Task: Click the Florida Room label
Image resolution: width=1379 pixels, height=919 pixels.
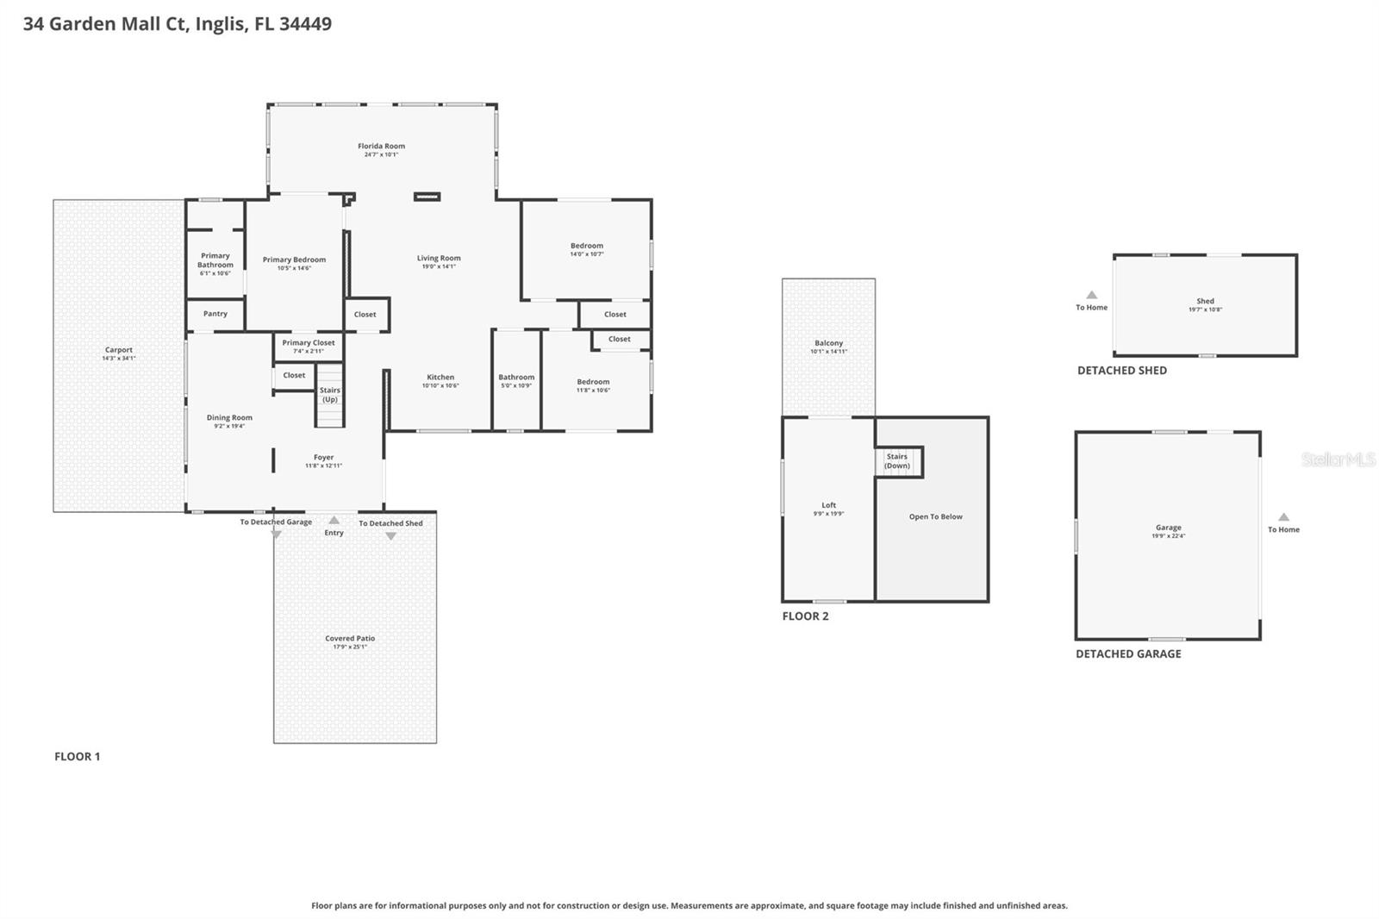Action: pos(381,146)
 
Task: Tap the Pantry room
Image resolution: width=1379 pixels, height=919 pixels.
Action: pos(215,314)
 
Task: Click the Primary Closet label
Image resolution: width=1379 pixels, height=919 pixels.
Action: pos(308,342)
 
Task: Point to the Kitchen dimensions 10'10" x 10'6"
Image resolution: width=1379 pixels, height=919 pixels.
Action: pos(440,386)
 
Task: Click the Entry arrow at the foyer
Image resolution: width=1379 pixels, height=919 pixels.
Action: pos(334,521)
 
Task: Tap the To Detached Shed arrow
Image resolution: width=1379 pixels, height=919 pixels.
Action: pos(390,536)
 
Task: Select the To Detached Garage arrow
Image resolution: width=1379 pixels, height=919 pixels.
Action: pos(276,535)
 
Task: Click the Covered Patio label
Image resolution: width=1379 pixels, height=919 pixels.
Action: pos(350,638)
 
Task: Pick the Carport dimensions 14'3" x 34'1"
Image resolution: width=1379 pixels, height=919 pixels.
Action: pos(119,359)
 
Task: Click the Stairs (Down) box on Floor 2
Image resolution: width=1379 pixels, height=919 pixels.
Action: pos(898,461)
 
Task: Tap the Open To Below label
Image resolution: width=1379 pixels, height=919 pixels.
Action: pos(935,516)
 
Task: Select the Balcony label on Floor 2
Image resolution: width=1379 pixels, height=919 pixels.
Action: pos(828,342)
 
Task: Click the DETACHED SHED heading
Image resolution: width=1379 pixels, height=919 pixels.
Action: pos(1121,370)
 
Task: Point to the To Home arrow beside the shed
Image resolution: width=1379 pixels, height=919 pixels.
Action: pos(1091,295)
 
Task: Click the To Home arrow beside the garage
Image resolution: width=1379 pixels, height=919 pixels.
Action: pos(1283,517)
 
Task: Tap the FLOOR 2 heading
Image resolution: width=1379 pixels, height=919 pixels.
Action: pos(805,616)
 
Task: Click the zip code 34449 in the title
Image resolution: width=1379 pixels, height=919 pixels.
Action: pos(305,23)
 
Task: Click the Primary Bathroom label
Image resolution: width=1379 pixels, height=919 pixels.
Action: pos(215,259)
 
